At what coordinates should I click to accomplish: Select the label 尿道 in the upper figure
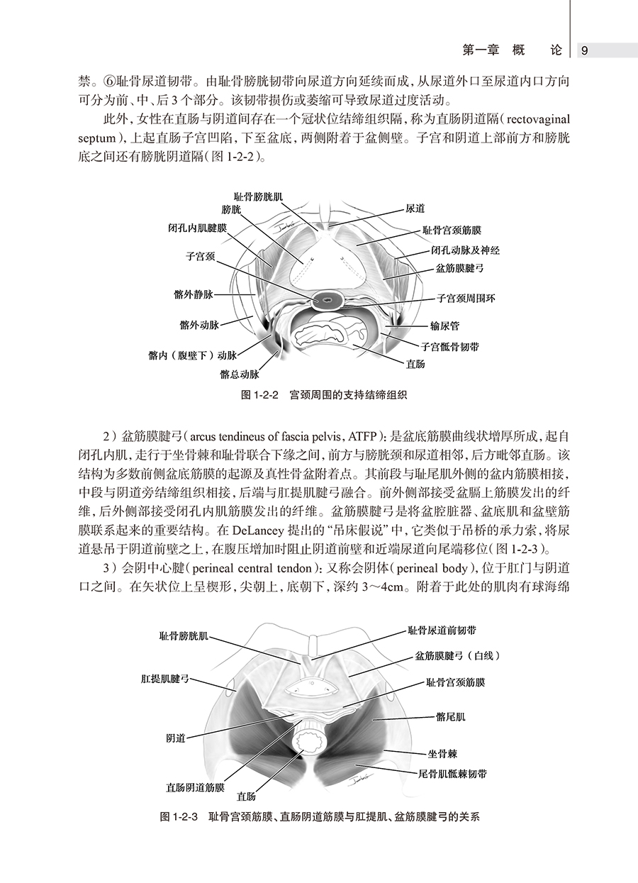(415, 209)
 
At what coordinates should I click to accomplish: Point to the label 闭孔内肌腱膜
(197, 229)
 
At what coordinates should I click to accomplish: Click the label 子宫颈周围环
(466, 299)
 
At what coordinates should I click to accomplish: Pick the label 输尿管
(445, 326)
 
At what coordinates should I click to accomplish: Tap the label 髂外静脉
(193, 294)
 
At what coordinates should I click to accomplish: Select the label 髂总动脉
(240, 373)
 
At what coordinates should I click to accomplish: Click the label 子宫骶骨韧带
(449, 347)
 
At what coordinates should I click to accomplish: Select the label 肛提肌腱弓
(164, 679)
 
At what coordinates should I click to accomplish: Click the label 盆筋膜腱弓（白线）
(458, 656)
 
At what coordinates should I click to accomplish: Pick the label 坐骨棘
(441, 757)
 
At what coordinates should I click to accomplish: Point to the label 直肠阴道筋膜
(195, 787)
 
